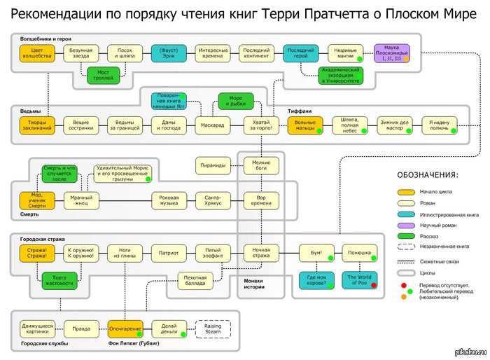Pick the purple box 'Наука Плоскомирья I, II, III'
[392, 54]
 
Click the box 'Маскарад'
[213, 125]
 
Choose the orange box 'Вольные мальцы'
[304, 125]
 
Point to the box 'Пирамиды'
[213, 165]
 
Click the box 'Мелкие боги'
[261, 165]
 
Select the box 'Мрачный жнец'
[82, 201]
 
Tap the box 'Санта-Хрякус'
[213, 201]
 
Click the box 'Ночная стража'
[261, 252]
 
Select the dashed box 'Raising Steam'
[213, 328]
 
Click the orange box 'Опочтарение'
[125, 328]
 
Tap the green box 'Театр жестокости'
[59, 279]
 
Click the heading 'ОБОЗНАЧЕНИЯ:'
[428, 174]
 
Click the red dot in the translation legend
[404, 285]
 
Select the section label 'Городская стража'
[40, 239]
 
